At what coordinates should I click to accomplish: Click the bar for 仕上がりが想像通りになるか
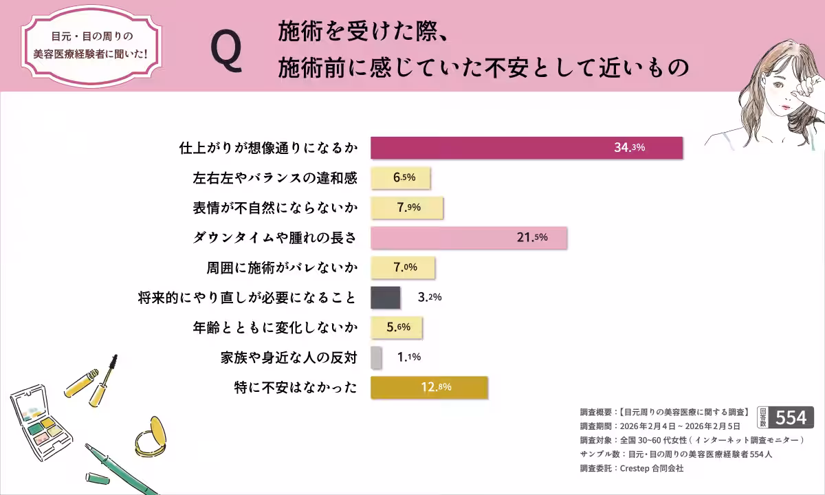point(526,148)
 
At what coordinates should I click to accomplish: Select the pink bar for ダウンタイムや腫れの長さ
point(468,237)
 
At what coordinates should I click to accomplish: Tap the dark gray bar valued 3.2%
point(385,297)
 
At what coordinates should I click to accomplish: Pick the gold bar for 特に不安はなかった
point(429,387)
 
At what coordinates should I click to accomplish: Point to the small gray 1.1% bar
point(375,357)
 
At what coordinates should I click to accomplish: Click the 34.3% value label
point(629,148)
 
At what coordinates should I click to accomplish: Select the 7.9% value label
point(408,208)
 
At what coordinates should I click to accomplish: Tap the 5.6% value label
point(398,327)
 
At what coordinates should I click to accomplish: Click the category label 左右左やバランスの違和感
point(275,178)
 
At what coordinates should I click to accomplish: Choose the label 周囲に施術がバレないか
point(282,267)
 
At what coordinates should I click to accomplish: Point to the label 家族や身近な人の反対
point(289,357)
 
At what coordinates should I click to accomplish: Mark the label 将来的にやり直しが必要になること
point(247,298)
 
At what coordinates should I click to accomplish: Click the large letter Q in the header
point(226,52)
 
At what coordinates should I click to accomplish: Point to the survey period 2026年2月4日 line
point(660,426)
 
